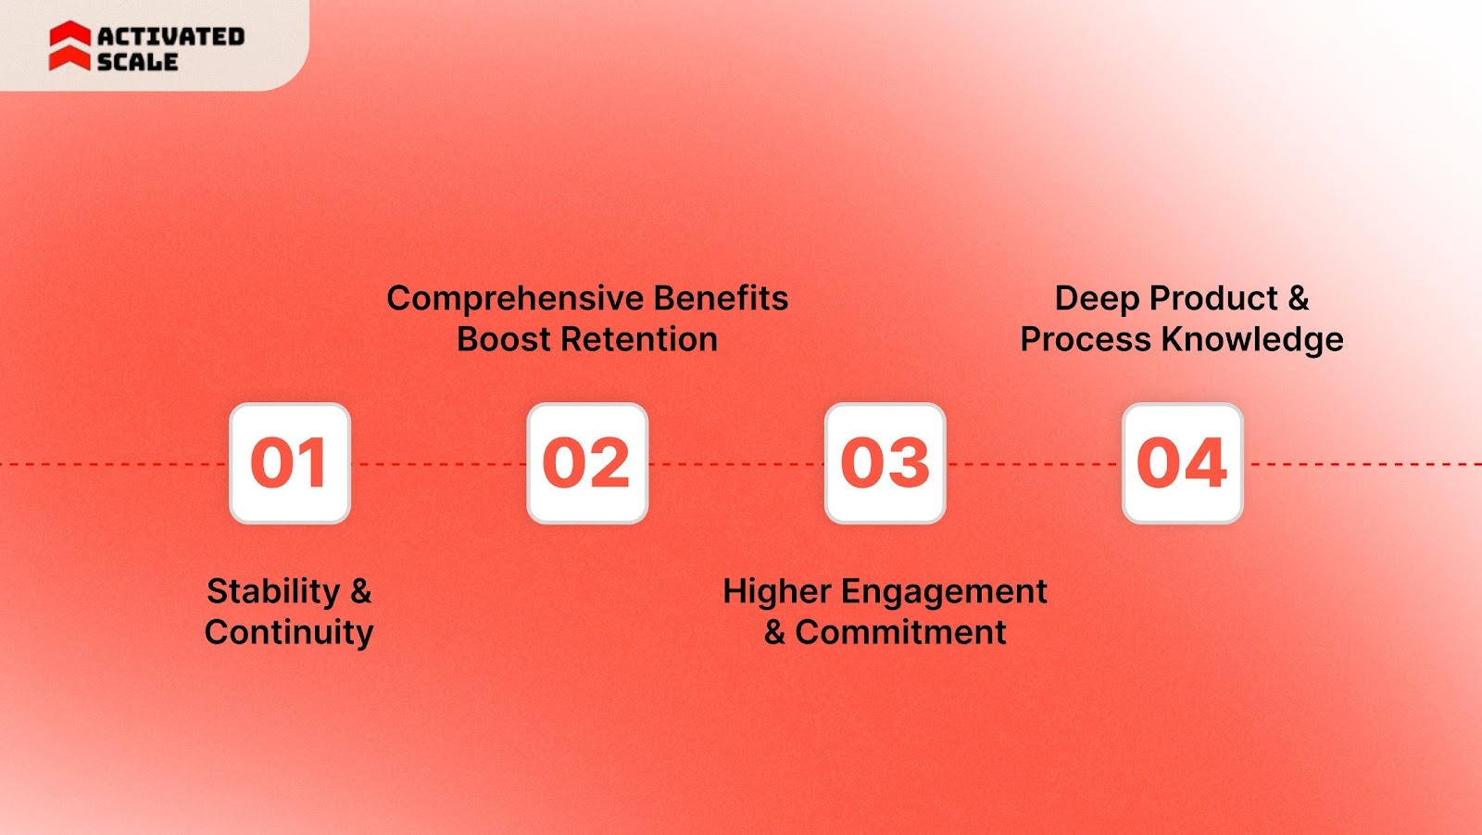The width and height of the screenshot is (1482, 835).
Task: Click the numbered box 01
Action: (290, 463)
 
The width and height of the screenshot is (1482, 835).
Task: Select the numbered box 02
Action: (587, 463)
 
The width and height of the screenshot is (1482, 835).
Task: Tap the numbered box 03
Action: (885, 463)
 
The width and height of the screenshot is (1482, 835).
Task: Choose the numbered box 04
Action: (1182, 463)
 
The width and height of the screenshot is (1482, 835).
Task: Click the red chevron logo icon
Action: (69, 46)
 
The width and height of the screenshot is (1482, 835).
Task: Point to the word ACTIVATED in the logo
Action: (171, 36)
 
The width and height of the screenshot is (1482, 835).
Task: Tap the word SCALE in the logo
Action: (137, 62)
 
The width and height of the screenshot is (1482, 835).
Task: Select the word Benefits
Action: (721, 298)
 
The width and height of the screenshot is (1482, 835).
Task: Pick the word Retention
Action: (640, 339)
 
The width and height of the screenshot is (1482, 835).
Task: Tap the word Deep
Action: (1098, 299)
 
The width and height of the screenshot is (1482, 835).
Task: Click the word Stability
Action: (273, 591)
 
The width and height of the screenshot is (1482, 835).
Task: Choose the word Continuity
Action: (289, 632)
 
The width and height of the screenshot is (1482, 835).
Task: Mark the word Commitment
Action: (900, 632)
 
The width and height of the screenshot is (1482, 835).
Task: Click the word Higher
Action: (776, 591)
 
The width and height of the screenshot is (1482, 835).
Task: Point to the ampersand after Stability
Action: (360, 591)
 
